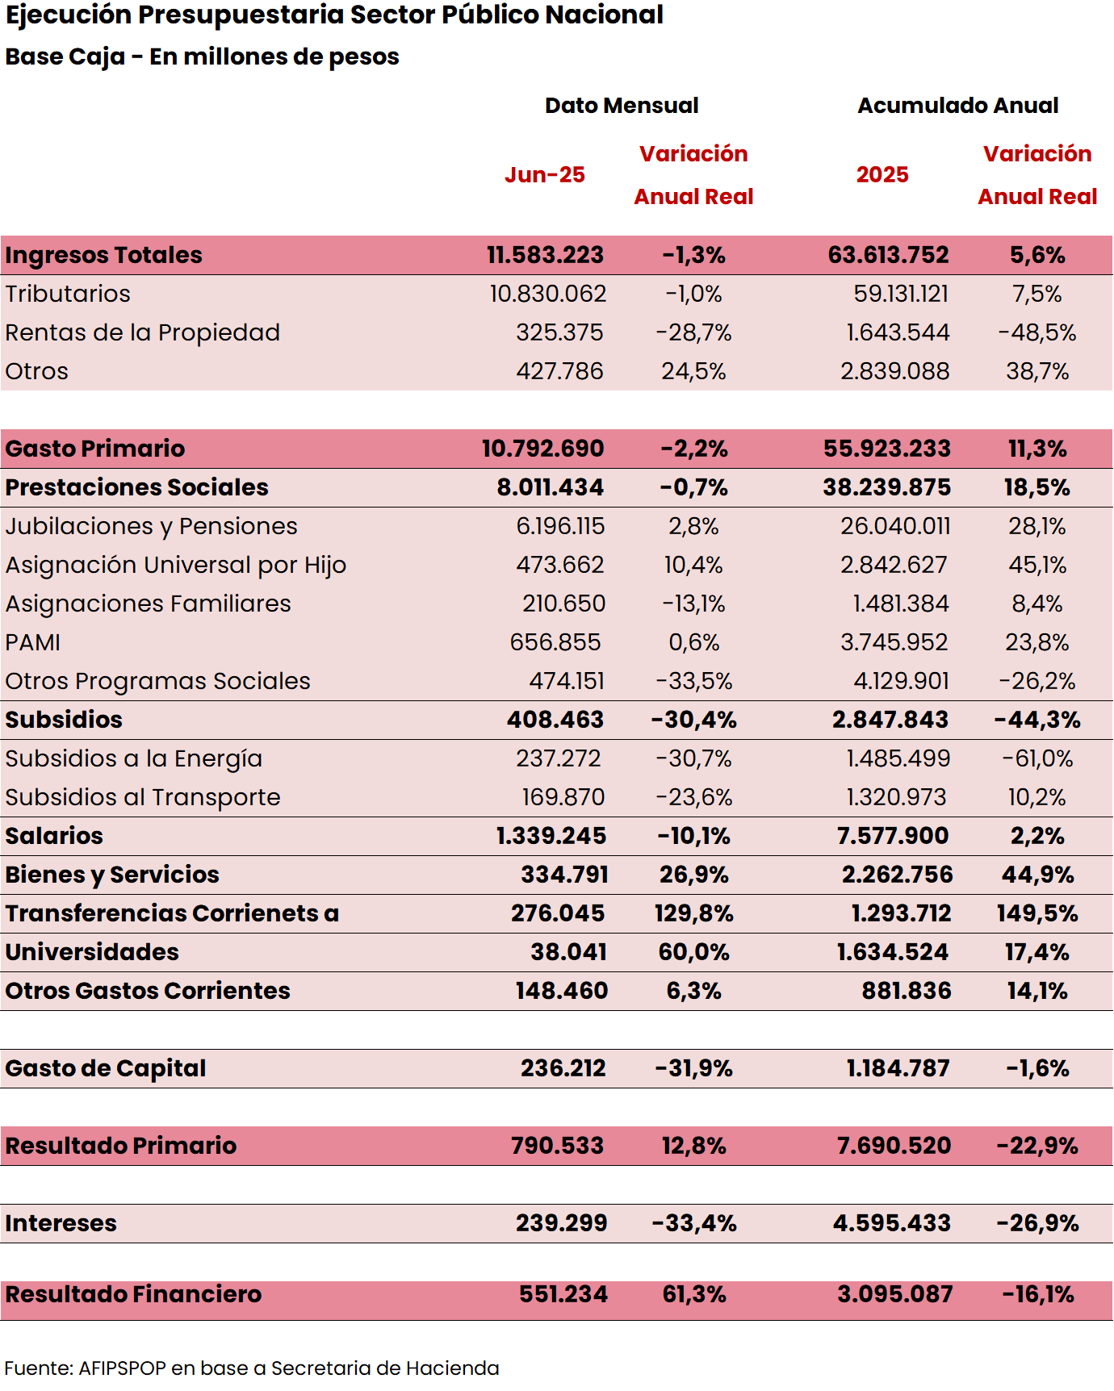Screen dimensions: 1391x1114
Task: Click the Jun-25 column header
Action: (x=545, y=175)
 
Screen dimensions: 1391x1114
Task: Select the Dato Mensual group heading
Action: (x=622, y=106)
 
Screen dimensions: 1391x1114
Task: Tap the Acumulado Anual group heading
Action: (x=957, y=106)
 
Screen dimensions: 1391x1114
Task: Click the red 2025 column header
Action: (x=882, y=175)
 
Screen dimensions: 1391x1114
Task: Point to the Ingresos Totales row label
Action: (x=104, y=255)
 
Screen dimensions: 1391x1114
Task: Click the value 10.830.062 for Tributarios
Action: (x=548, y=294)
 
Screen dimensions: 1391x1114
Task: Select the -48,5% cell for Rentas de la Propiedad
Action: (x=1037, y=332)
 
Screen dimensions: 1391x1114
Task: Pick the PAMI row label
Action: (x=33, y=642)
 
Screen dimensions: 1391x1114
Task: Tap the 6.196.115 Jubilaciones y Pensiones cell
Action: (x=560, y=526)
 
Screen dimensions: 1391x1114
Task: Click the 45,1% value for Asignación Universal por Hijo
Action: (x=1037, y=565)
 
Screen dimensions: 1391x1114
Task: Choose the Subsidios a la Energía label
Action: (x=134, y=758)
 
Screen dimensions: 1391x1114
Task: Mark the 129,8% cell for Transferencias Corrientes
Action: (x=693, y=913)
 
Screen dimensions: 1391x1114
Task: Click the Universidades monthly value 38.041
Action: (x=568, y=952)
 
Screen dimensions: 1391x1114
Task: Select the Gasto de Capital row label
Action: (x=106, y=1068)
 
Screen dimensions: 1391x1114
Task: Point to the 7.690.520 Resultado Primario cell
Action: (x=894, y=1146)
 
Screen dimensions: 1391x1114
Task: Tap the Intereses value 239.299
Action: (x=562, y=1223)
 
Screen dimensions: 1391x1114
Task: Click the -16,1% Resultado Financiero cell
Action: (x=1037, y=1294)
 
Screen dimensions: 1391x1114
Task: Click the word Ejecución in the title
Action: (x=69, y=15)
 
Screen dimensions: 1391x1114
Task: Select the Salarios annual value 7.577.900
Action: (x=893, y=836)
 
